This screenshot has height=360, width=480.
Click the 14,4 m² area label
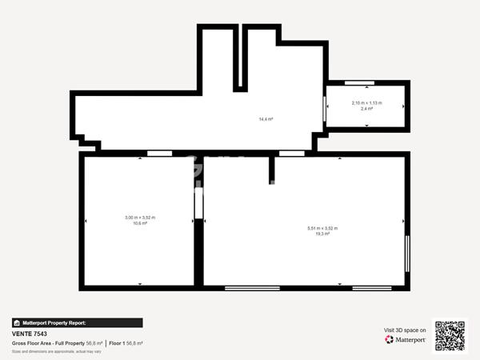click(266, 119)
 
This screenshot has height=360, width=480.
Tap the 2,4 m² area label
click(367, 108)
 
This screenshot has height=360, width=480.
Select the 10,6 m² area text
click(140, 223)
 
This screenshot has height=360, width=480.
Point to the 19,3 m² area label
click(322, 234)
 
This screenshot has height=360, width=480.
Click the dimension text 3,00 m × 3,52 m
click(140, 218)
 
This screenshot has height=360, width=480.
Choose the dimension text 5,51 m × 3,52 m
click(322, 228)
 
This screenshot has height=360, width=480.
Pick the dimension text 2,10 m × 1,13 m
click(367, 102)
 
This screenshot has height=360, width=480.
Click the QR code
click(449, 336)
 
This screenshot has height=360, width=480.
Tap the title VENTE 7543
click(30, 334)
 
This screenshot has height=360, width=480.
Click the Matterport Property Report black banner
click(77, 323)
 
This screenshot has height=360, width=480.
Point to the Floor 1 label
click(118, 343)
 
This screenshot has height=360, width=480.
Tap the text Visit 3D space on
click(405, 330)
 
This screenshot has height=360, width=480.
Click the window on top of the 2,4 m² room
click(359, 82)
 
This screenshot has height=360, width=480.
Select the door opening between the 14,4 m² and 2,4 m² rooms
click(324, 107)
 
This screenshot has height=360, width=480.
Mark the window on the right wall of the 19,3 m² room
click(407, 254)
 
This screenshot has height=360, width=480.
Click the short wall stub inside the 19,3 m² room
click(272, 169)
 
